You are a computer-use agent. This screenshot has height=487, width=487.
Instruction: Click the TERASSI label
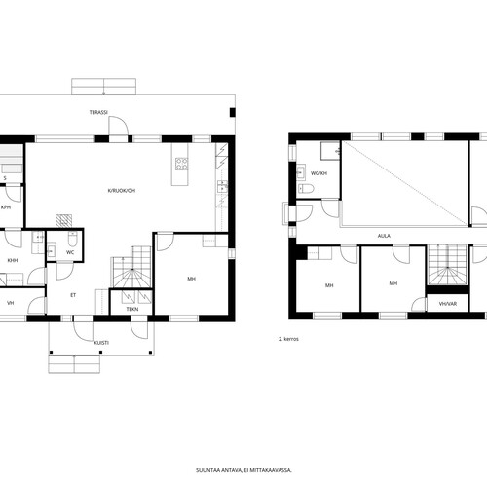98,112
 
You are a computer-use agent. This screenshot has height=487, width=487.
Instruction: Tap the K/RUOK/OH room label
122,191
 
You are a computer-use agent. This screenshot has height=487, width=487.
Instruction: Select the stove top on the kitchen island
181,164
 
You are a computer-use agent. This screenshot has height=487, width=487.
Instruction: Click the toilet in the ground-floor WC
72,239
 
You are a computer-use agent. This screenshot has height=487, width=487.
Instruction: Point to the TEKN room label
132,309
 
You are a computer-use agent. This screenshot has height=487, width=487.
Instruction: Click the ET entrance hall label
73,295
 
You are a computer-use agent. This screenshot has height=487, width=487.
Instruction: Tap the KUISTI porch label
101,343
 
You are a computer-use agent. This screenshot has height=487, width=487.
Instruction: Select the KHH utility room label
13,260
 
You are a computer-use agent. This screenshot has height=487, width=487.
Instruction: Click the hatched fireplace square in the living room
63,221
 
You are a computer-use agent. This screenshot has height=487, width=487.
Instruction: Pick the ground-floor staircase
132,267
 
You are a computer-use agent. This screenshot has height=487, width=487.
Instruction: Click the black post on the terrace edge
233,112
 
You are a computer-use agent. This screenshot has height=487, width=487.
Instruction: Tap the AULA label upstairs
384,236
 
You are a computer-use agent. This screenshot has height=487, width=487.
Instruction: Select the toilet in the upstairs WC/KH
306,189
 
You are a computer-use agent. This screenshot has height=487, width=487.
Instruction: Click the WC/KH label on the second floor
318,173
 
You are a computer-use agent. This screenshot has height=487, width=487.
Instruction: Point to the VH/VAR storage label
448,304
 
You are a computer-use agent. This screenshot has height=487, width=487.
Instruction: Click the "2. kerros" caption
288,339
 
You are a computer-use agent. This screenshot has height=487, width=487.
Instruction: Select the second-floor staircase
447,265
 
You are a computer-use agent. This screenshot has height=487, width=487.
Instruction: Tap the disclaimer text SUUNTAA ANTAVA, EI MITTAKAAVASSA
243,470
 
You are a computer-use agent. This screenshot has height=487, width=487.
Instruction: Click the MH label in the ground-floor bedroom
192,279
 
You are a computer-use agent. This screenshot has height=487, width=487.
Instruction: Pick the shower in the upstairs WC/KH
330,151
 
